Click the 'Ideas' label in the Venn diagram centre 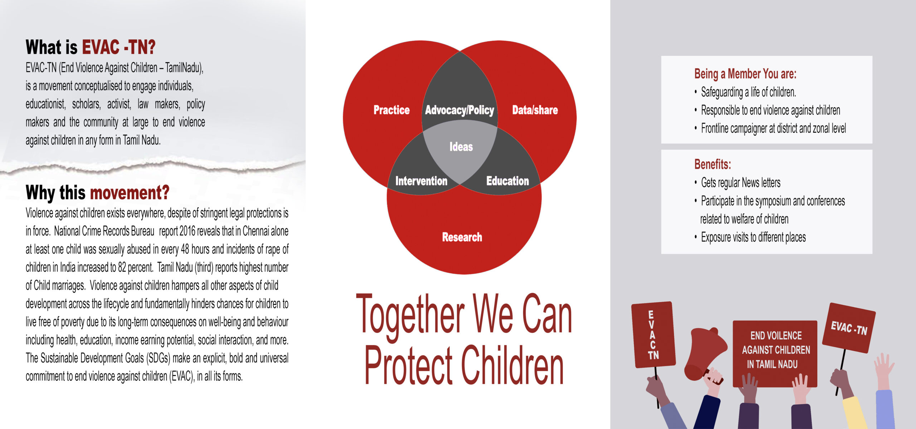461,147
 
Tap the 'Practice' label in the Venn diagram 391,110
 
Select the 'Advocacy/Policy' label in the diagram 459,110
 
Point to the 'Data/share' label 535,110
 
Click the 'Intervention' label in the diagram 421,181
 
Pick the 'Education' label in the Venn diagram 507,181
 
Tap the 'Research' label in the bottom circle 462,237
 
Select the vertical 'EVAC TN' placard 653,335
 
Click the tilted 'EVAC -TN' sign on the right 849,328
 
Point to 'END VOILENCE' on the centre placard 776,336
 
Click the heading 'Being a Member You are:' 745,74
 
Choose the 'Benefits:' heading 712,164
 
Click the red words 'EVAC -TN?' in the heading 119,47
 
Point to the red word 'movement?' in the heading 130,193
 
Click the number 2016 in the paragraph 187,231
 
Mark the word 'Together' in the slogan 410,315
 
